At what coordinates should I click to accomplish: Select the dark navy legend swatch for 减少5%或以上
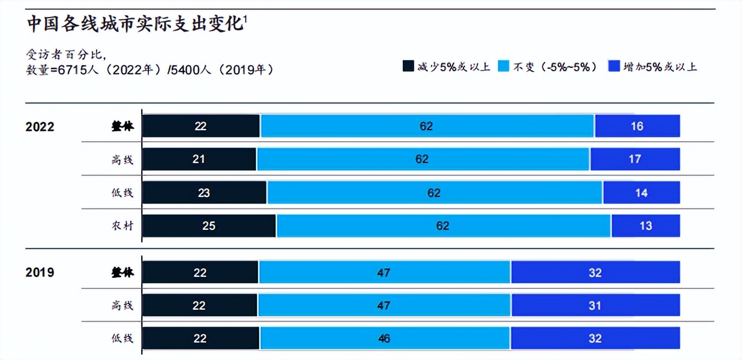click(x=408, y=67)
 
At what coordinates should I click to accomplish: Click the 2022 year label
click(x=40, y=127)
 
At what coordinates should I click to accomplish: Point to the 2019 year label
click(x=40, y=272)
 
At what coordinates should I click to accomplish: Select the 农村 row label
click(x=122, y=226)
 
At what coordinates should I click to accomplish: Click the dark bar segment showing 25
click(x=208, y=226)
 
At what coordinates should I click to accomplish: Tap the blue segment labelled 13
click(x=646, y=226)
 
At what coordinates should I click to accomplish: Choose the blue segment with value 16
click(x=637, y=126)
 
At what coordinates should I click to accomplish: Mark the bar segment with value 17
click(x=635, y=159)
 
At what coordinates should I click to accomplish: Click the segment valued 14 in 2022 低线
click(x=641, y=193)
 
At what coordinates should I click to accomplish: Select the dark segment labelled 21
click(x=199, y=159)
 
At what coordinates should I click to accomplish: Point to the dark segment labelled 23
click(x=204, y=193)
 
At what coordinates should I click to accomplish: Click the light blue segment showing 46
click(x=384, y=339)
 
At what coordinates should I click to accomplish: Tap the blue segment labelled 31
click(x=595, y=305)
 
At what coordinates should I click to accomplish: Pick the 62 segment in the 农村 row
click(x=443, y=226)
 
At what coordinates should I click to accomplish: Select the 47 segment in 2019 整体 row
click(x=384, y=272)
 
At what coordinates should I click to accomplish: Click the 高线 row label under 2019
click(x=122, y=305)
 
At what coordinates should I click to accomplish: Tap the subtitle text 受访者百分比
click(x=65, y=55)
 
